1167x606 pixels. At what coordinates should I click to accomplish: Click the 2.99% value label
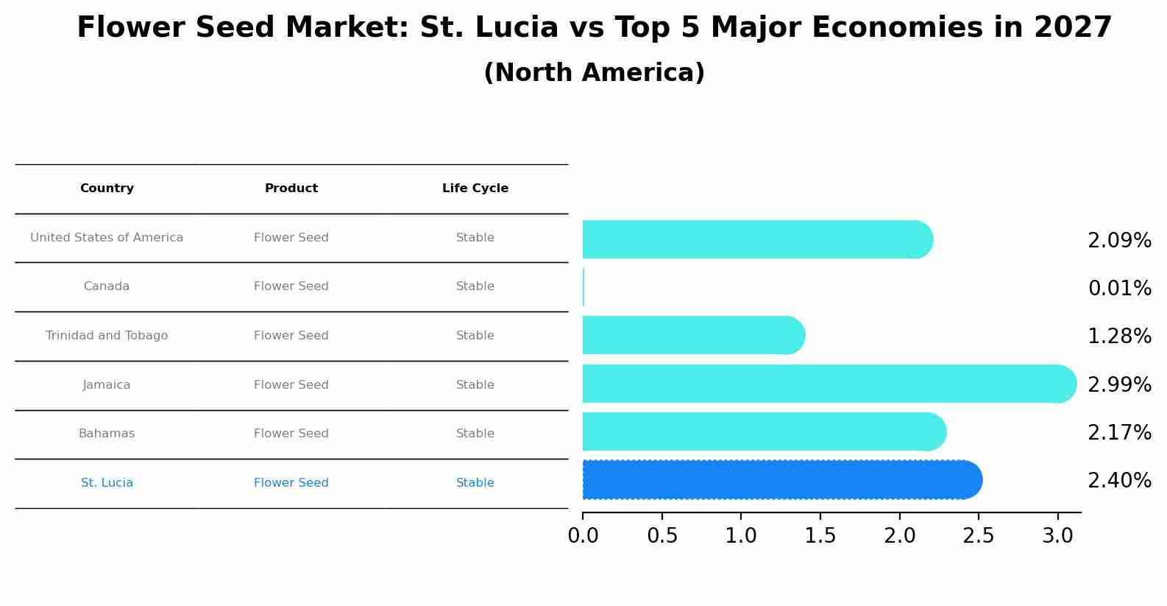pyautogui.click(x=1119, y=384)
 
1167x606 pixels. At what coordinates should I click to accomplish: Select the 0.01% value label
pyautogui.click(x=1119, y=289)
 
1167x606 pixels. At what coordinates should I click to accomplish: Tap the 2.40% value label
pyautogui.click(x=1119, y=481)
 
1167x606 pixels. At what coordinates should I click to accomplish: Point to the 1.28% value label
pyautogui.click(x=1119, y=337)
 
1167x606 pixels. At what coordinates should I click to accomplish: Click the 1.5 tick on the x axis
pyautogui.click(x=820, y=536)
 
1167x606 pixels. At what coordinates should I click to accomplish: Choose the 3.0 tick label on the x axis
pyautogui.click(x=1057, y=536)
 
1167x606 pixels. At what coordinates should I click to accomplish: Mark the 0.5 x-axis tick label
pyautogui.click(x=662, y=536)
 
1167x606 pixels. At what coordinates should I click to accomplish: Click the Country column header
pyautogui.click(x=107, y=189)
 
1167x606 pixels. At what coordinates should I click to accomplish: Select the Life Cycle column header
pyautogui.click(x=475, y=189)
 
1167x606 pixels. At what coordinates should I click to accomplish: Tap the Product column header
pyautogui.click(x=291, y=189)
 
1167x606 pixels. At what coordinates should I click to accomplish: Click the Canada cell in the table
pyautogui.click(x=107, y=286)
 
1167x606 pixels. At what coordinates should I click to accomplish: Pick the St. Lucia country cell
pyautogui.click(x=107, y=483)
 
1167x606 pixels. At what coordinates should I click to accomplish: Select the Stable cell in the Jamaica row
pyautogui.click(x=475, y=385)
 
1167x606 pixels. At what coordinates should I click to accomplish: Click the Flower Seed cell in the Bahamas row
pyautogui.click(x=291, y=434)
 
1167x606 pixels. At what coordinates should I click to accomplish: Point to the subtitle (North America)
pyautogui.click(x=594, y=73)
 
